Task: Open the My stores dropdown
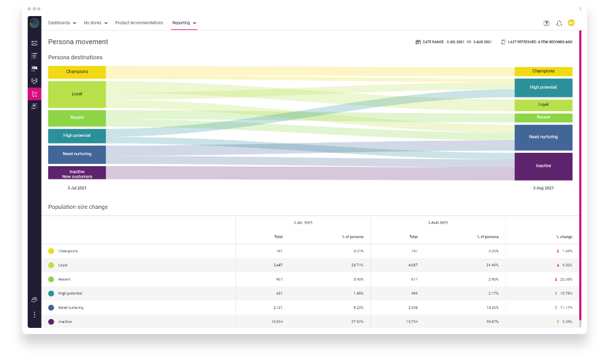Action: coord(95,23)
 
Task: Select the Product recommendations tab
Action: coord(139,23)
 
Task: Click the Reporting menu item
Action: coord(184,23)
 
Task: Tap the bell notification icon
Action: coord(559,23)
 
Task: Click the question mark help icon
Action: coord(547,23)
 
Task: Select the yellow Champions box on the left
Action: coord(77,71)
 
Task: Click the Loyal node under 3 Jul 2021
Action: coord(77,94)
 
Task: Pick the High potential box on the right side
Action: coord(543,88)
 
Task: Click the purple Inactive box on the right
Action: coord(543,166)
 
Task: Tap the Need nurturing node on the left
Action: coord(77,154)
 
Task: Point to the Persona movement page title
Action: coord(78,42)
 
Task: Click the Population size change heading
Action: coord(78,207)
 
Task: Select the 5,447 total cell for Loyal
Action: coord(278,265)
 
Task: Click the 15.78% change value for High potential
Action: coord(565,294)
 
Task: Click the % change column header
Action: coord(564,237)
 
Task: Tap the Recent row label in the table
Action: coord(64,280)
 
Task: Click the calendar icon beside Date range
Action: coord(418,42)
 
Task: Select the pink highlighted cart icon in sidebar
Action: coord(34,94)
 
